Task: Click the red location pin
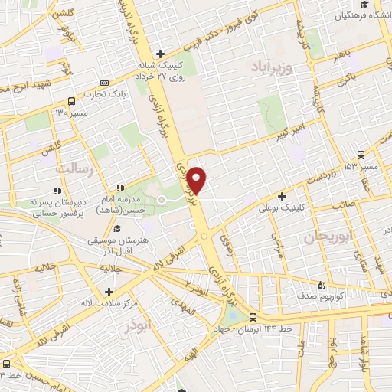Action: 197,180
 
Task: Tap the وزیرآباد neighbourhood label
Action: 272,67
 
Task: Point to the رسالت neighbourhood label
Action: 78,170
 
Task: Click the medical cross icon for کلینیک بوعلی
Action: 283,196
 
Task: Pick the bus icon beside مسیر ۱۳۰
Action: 71,101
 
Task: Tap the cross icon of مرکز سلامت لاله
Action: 109,292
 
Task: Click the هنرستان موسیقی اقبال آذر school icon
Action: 116,229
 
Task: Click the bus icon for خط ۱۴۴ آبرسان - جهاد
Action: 253,317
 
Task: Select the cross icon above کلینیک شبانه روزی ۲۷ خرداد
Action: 160,54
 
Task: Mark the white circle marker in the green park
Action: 162,200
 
